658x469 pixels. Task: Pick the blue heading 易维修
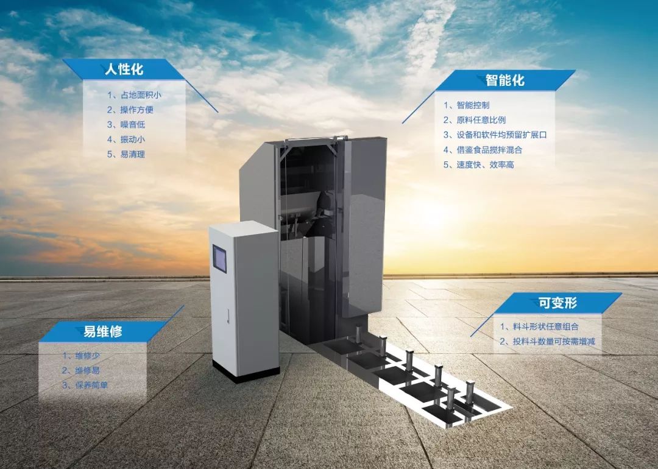[x=103, y=332]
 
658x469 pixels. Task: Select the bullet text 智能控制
[x=472, y=105]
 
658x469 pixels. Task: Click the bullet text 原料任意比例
[x=481, y=120]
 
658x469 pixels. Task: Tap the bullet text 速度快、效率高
[x=485, y=164]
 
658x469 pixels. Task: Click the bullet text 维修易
[x=87, y=370]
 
